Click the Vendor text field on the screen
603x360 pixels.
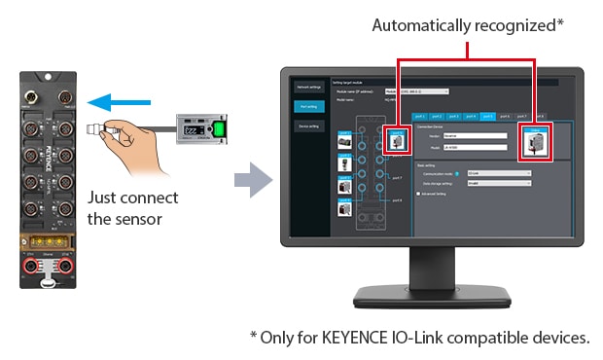coord(472,136)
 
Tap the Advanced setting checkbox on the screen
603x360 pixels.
coord(419,194)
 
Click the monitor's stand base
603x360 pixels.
coord(431,296)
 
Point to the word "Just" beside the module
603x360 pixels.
coord(102,198)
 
